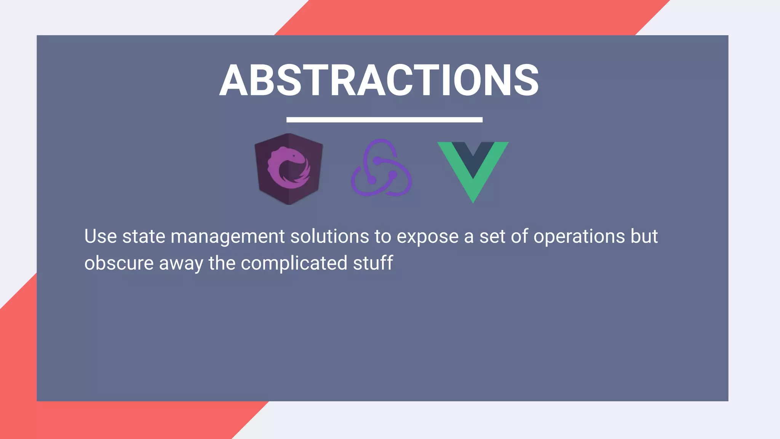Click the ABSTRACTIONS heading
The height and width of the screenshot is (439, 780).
tap(379, 80)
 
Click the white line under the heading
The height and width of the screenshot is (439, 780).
tap(384, 120)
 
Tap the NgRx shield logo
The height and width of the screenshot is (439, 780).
tap(289, 169)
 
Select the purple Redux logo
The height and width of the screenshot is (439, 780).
tap(381, 168)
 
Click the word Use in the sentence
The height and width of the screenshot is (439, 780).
tap(101, 236)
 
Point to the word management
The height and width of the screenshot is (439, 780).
tap(228, 237)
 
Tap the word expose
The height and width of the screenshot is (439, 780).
tap(427, 237)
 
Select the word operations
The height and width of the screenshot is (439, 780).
tap(579, 237)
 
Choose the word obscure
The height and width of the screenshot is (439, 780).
tap(119, 263)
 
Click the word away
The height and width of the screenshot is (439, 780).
tap(181, 264)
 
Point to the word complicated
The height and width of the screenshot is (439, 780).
tap(294, 263)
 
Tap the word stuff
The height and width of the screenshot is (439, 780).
tap(373, 263)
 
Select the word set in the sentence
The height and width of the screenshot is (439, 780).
tap(492, 236)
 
